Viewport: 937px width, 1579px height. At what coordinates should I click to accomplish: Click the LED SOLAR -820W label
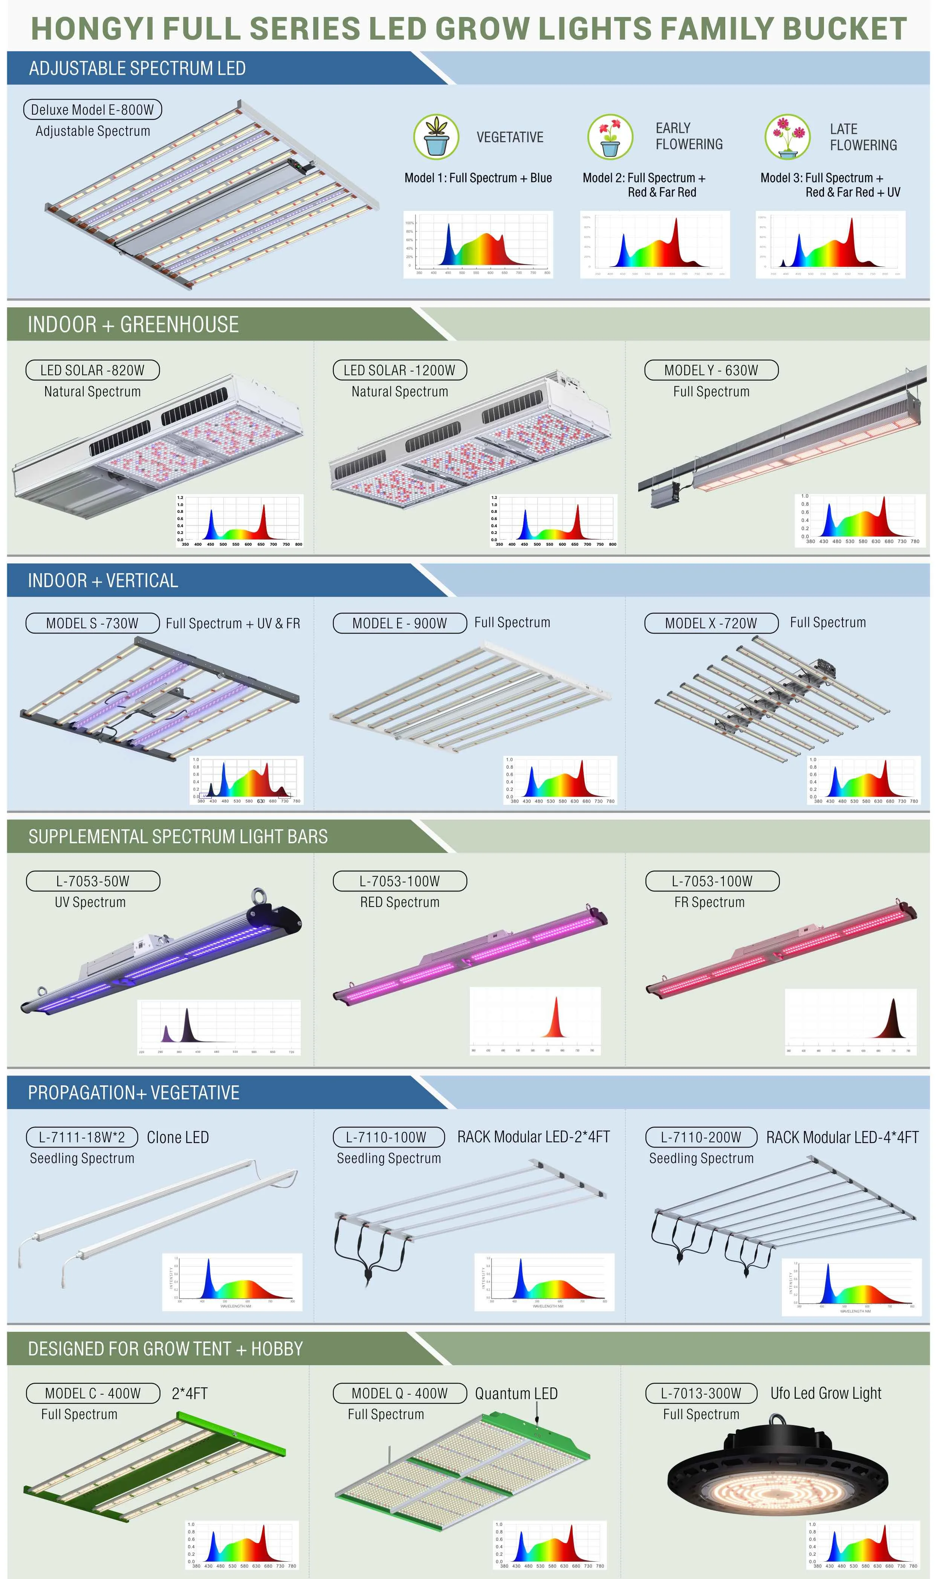(92, 370)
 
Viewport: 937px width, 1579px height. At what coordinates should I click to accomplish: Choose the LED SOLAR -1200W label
(400, 370)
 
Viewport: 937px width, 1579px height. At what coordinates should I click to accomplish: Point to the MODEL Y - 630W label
(711, 370)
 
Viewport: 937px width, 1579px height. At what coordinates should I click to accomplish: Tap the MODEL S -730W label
(92, 623)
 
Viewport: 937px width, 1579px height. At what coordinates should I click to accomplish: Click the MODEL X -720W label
(711, 623)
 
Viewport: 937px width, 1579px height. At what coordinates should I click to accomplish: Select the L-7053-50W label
(93, 881)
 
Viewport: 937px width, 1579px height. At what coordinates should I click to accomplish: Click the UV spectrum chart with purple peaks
(219, 1027)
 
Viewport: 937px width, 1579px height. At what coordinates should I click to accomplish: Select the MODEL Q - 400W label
(400, 1393)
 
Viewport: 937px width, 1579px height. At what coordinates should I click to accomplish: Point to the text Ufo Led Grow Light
(826, 1393)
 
